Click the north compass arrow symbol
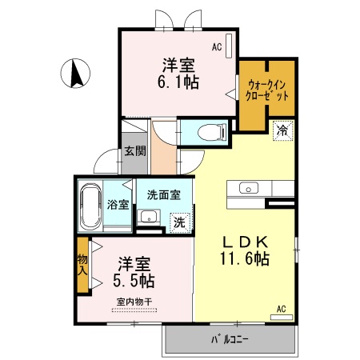[75, 74]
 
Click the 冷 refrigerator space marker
[282, 130]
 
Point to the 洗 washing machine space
[180, 222]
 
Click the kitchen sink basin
[249, 188]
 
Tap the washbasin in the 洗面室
[149, 216]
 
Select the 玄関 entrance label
[135, 151]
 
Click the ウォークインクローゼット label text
[266, 90]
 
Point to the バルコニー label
[230, 339]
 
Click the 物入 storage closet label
[82, 265]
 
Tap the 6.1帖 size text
[178, 82]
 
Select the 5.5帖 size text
[134, 281]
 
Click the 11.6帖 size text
[245, 258]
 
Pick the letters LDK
[245, 242]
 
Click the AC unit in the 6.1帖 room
[229, 46]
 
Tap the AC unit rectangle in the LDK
[282, 318]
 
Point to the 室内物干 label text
[134, 302]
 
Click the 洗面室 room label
[164, 195]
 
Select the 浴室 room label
[118, 205]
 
